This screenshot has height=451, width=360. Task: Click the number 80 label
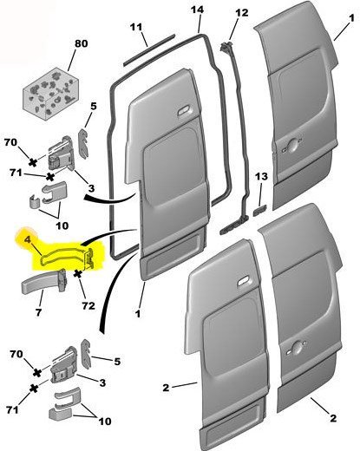[x=81, y=44]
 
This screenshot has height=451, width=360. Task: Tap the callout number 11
[x=136, y=28]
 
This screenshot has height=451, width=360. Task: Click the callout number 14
[x=197, y=10]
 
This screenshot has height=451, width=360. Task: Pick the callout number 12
[x=242, y=13]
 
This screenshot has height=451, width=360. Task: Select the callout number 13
[x=261, y=176]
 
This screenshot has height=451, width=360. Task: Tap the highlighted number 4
[x=28, y=239]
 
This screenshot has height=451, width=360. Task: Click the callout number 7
[x=38, y=312]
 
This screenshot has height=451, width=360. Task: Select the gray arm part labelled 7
[x=44, y=281]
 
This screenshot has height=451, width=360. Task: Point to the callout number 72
[x=88, y=305]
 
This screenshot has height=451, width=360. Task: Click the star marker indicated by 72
[x=78, y=274]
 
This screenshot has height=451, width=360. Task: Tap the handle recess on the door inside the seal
[x=184, y=111]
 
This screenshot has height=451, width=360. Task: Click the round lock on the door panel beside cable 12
[x=292, y=145]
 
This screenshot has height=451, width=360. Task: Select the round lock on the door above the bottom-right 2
[x=296, y=347]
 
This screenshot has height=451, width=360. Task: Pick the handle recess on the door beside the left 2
[x=244, y=283]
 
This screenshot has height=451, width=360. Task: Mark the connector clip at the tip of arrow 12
[x=226, y=46]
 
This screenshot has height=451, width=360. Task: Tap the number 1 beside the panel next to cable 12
[x=351, y=18]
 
